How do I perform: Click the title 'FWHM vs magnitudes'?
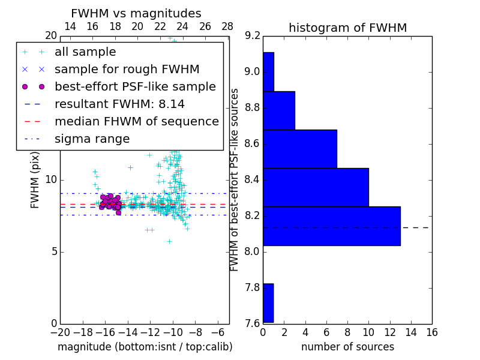coord(136,14)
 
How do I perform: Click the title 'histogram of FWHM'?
coord(347,28)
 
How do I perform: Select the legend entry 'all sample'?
coord(85,52)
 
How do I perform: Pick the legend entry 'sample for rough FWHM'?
coord(127,70)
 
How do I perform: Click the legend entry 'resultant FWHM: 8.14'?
coord(119,104)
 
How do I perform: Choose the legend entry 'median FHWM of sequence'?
coord(136,122)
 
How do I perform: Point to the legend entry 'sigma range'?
coord(92,139)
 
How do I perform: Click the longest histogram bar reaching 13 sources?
coord(331,226)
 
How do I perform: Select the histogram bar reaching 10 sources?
coord(316,187)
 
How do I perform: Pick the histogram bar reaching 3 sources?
coord(278,110)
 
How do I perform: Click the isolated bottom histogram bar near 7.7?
coord(268,303)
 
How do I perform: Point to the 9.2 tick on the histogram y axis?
coord(253,36)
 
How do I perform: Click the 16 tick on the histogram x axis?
coord(431,332)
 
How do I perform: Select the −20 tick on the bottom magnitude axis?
coord(60,332)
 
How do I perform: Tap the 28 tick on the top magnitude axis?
coord(227,27)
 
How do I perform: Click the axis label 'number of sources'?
coord(347,347)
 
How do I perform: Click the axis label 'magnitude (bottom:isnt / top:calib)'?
coord(145,347)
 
